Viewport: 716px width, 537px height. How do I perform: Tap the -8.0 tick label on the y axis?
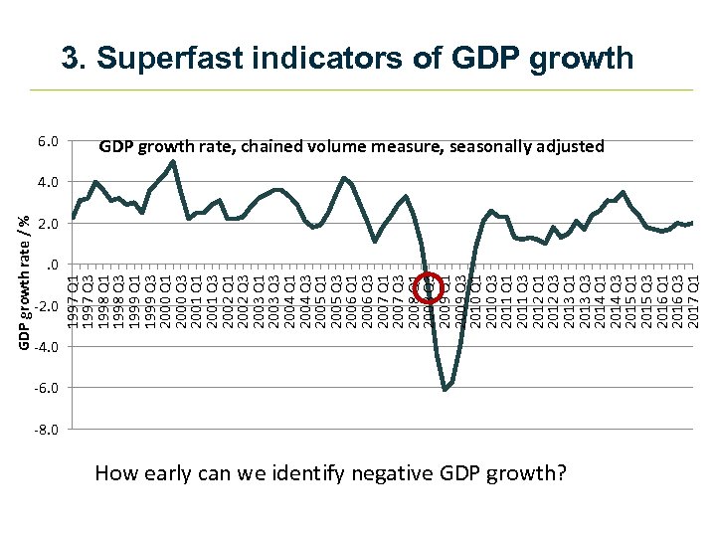(47, 429)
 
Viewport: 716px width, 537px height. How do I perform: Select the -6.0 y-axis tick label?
(47, 388)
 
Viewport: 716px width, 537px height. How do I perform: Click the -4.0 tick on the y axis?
(47, 346)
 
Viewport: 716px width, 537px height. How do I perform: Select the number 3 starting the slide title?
(70, 58)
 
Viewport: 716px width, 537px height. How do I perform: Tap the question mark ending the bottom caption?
(562, 473)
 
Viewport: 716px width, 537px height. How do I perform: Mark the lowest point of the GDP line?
(445, 390)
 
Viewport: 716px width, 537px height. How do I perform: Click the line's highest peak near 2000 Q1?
(173, 161)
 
